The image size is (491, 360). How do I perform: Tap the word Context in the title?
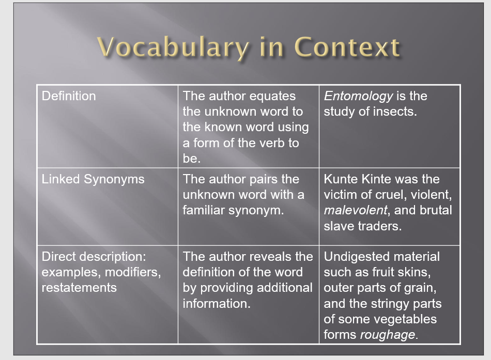347,47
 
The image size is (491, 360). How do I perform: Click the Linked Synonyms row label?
93,179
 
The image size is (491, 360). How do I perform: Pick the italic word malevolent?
356,210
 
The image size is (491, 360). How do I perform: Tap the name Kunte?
341,179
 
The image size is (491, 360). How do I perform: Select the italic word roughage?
388,335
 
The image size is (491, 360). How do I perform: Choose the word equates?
272,96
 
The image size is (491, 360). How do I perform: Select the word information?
217,303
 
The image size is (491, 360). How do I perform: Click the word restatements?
79,288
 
